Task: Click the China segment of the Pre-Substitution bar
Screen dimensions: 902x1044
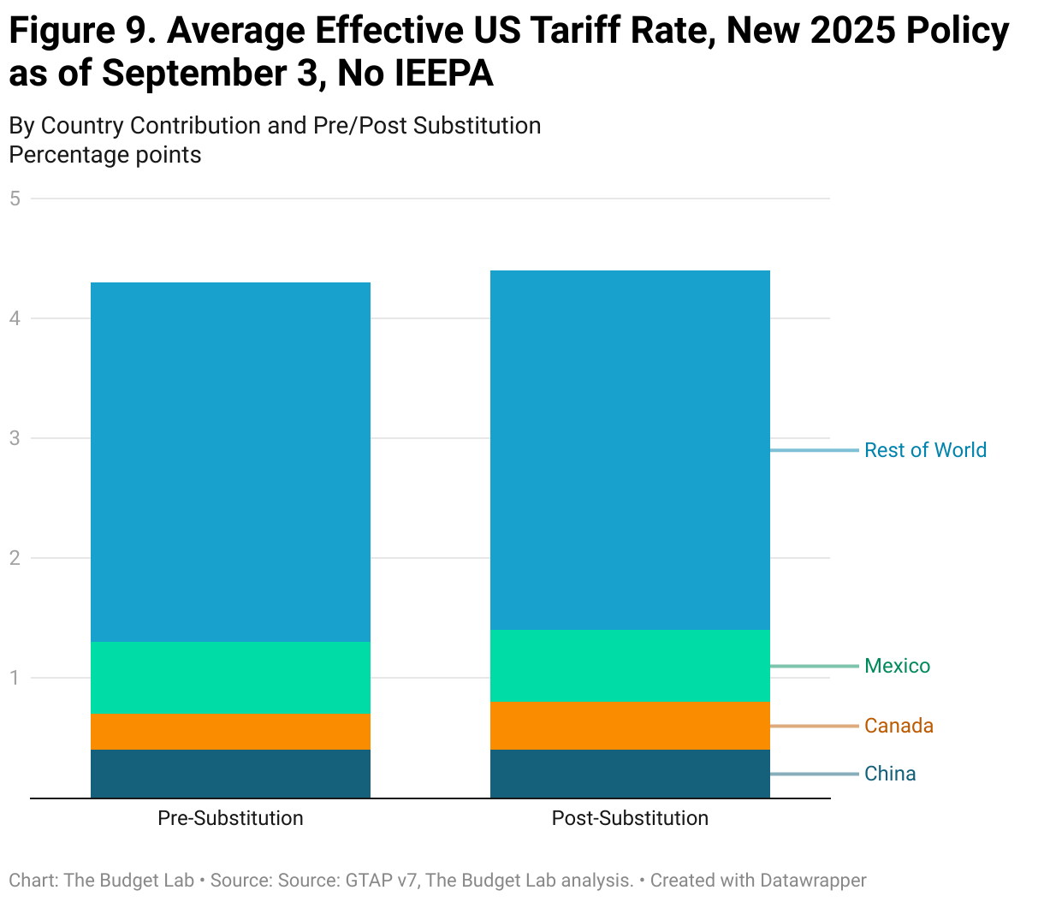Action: point(230,774)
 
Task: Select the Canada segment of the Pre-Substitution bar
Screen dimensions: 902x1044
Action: point(230,731)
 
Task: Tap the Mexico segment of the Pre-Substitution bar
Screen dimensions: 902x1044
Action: point(230,677)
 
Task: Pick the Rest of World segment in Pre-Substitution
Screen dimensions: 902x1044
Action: point(230,462)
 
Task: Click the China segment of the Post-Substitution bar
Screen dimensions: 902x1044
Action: point(630,774)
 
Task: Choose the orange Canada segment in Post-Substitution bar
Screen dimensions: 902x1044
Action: point(630,725)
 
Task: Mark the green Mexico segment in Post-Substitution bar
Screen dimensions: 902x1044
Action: point(630,665)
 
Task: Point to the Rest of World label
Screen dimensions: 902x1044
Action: point(925,450)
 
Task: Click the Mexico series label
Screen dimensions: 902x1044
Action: point(897,666)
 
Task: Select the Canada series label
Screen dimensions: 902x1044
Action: point(899,726)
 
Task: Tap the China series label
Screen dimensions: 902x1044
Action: point(890,774)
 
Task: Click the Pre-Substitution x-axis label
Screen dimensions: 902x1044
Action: point(230,818)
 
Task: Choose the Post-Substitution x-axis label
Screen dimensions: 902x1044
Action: point(630,818)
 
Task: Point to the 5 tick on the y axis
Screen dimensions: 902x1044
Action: point(15,199)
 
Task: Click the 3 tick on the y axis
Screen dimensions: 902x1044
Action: point(15,438)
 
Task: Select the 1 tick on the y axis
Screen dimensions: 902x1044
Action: point(15,678)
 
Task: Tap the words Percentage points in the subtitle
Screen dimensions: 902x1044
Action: point(105,155)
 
